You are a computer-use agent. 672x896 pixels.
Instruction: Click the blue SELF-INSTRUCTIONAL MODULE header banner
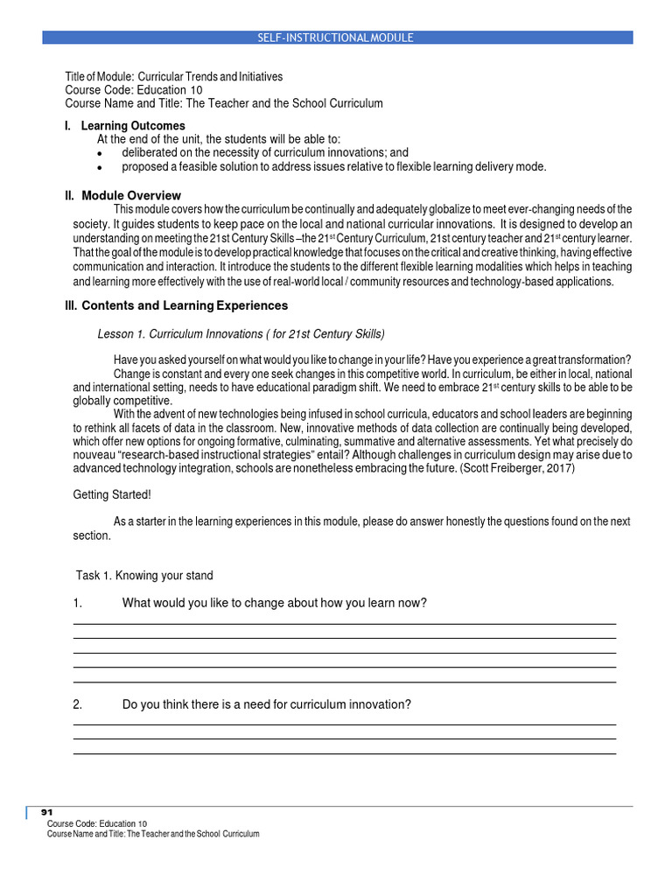pos(337,38)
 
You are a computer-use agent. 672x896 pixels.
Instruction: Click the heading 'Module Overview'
pos(131,195)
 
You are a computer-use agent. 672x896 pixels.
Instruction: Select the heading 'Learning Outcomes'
pos(133,126)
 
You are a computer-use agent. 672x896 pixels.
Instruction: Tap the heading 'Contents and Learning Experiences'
pos(185,305)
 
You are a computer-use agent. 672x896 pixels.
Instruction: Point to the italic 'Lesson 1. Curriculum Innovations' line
pos(241,334)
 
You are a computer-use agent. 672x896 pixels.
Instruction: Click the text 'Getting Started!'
pos(112,495)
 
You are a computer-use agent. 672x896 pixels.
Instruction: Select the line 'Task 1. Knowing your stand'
pos(144,575)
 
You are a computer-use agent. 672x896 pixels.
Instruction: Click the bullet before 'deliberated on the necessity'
pos(101,153)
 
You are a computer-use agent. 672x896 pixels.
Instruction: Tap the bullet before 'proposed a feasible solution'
pos(101,167)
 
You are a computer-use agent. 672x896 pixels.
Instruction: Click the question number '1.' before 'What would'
pos(77,603)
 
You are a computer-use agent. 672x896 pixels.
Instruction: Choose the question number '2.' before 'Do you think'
pos(77,704)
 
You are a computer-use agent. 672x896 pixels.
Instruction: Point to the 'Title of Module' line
pos(174,76)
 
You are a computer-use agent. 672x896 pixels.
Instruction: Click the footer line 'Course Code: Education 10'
pos(97,823)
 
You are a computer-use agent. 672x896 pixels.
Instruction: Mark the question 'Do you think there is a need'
pos(267,704)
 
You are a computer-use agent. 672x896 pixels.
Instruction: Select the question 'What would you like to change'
pos(275,603)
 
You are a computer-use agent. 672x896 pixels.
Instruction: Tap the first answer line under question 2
pos(344,724)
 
